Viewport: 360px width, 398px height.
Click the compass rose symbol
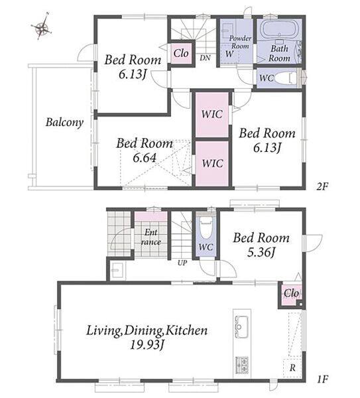(x=42, y=27)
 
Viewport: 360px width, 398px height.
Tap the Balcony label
(x=64, y=122)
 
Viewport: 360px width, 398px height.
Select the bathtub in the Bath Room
(x=279, y=30)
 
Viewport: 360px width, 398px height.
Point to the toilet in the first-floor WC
(x=206, y=227)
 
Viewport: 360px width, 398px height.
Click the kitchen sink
(x=241, y=326)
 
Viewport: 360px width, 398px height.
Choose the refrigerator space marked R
(x=292, y=367)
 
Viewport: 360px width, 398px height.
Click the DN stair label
(x=205, y=58)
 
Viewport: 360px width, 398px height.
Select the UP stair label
(x=182, y=263)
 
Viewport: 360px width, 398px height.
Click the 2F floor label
(x=322, y=187)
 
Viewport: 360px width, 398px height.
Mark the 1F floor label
(x=322, y=379)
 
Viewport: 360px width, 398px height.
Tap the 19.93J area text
(x=147, y=345)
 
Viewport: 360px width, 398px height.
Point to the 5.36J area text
(x=261, y=252)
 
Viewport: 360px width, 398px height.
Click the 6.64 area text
(x=145, y=158)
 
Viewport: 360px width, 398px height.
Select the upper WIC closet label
(x=212, y=114)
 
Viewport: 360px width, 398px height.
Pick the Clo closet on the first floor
(x=291, y=294)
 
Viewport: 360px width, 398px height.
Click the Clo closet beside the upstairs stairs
(x=181, y=54)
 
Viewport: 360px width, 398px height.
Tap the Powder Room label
(x=240, y=42)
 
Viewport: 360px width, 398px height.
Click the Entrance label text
(x=151, y=237)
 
